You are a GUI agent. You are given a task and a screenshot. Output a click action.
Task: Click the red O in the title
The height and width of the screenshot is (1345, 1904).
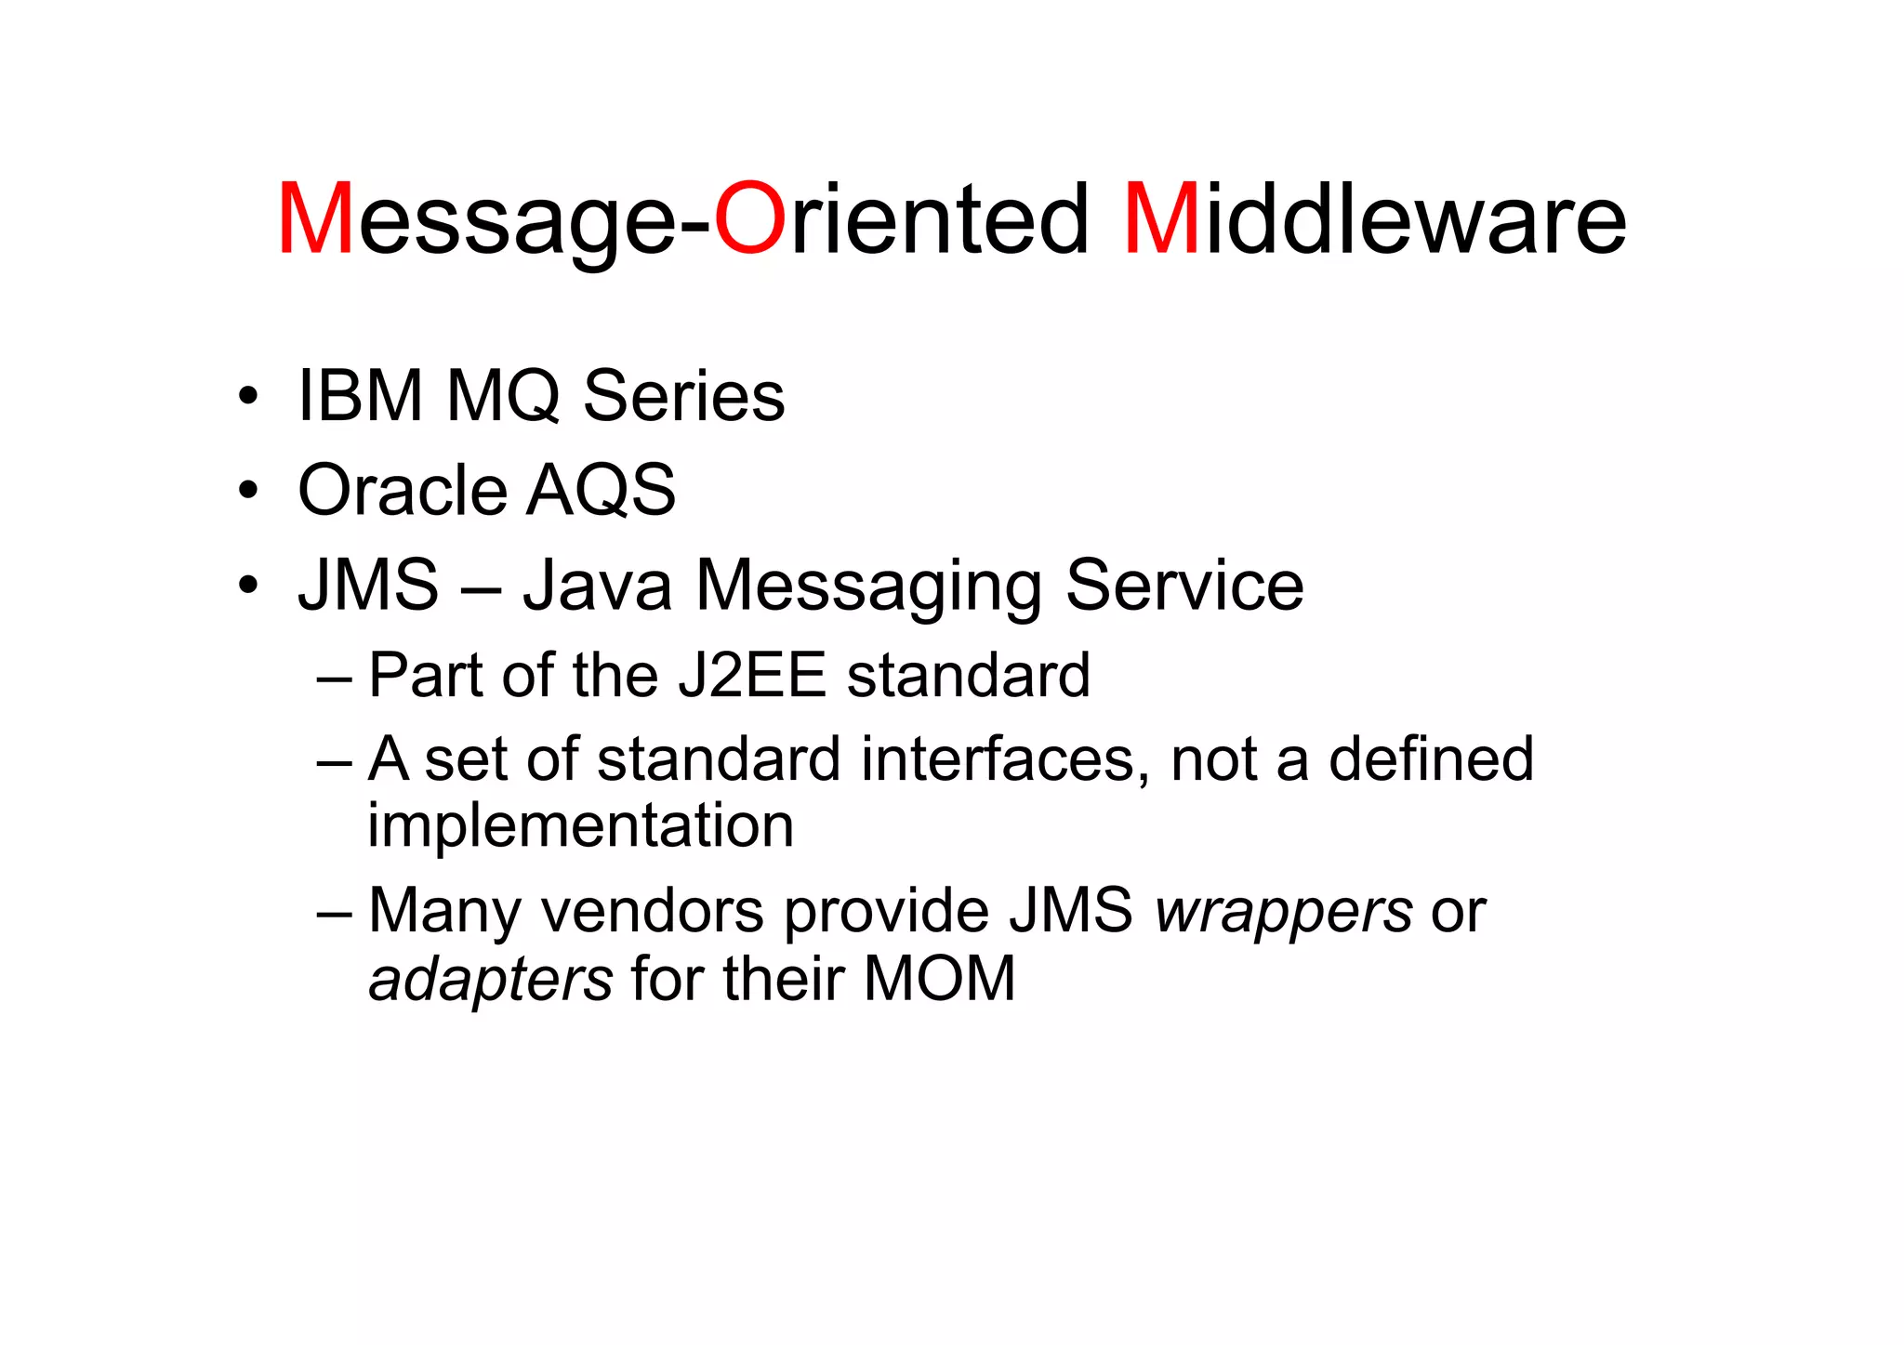point(750,220)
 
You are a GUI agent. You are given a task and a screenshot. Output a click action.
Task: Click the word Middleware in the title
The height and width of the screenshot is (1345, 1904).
point(1375,220)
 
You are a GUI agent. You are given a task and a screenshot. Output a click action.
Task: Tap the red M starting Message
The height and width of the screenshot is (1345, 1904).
point(315,220)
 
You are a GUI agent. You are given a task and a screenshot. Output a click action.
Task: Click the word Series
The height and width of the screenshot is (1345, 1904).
point(683,397)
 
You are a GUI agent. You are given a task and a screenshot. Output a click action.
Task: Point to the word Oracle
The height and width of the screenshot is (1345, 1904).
point(402,491)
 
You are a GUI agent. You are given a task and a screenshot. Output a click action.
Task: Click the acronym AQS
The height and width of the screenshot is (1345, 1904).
point(601,491)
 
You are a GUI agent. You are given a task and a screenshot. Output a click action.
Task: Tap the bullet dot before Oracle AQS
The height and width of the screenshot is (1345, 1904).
point(247,490)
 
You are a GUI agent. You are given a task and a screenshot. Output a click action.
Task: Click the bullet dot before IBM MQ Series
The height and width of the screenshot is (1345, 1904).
point(247,396)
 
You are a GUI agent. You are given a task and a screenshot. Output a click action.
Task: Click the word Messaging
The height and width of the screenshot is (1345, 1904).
point(869,587)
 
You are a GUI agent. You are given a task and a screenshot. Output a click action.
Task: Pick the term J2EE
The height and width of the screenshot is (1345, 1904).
point(752,675)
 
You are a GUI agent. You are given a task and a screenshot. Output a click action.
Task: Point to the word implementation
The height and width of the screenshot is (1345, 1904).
point(580,827)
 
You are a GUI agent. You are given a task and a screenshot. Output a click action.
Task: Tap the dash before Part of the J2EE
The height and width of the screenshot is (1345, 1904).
point(334,677)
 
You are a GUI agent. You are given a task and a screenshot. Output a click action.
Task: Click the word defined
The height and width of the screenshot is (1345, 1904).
point(1431,759)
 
